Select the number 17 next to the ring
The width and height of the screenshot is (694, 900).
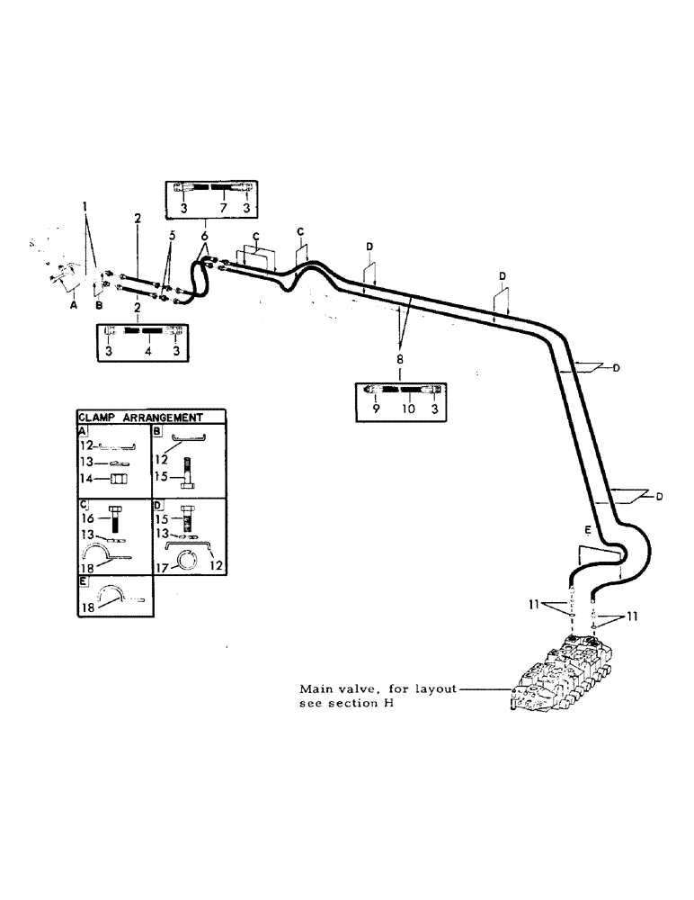click(x=162, y=569)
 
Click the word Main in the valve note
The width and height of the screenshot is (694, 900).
click(x=316, y=688)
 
